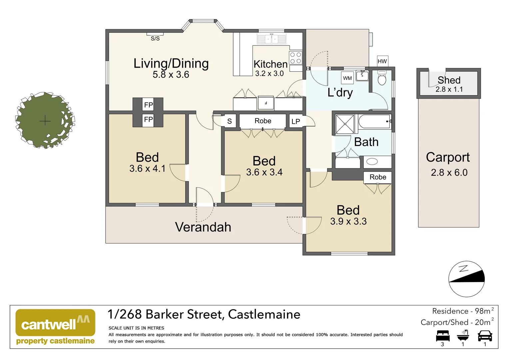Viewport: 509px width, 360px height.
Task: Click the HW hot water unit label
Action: [x=382, y=61]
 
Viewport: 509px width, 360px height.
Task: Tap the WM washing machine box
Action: [x=347, y=78]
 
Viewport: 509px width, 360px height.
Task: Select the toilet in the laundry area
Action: [x=382, y=78]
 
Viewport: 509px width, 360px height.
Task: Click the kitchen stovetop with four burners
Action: [x=295, y=58]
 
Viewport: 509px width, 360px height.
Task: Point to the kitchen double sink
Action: [x=271, y=39]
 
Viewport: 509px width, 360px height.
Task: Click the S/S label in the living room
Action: [x=155, y=39]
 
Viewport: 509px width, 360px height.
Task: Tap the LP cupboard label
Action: [x=295, y=122]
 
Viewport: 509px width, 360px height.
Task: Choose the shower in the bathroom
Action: [x=345, y=124]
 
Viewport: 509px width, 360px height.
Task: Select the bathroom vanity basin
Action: [x=372, y=162]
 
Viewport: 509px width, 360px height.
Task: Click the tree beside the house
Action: [x=45, y=120]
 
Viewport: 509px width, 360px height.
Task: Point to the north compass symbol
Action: [x=466, y=279]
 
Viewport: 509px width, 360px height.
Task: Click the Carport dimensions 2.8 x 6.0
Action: [x=449, y=173]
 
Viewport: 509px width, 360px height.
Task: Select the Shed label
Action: [x=449, y=80]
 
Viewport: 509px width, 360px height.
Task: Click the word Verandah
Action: [x=203, y=227]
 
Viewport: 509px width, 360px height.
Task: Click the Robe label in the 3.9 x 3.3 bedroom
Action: [x=378, y=177]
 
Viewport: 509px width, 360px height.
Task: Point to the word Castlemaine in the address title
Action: [x=264, y=314]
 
